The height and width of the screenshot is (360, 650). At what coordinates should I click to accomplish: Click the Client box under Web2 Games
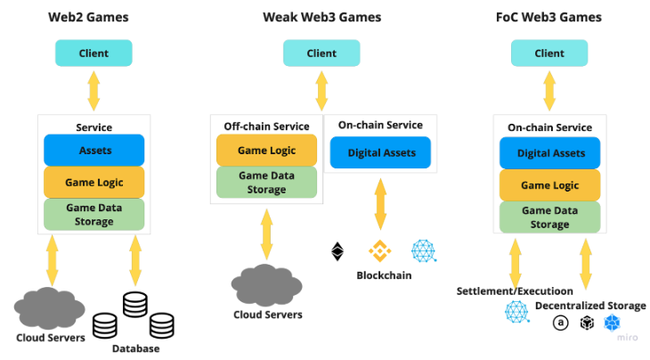pyautogui.click(x=93, y=53)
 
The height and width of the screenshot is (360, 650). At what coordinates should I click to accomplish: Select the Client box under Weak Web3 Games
pyautogui.click(x=321, y=53)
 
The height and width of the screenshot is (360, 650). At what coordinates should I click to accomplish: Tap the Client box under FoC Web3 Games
pyautogui.click(x=549, y=53)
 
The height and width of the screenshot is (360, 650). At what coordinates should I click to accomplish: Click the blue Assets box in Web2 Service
pyautogui.click(x=93, y=151)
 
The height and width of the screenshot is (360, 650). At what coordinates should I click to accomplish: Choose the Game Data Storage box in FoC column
pyautogui.click(x=549, y=217)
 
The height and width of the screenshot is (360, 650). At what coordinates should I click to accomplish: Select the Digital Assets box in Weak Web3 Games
pyautogui.click(x=380, y=152)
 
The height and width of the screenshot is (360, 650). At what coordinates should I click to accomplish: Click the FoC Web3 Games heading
pyautogui.click(x=548, y=17)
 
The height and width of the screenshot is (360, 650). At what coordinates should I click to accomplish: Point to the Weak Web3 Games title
pyautogui.click(x=321, y=17)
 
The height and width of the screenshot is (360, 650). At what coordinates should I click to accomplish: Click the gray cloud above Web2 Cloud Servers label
pyautogui.click(x=49, y=308)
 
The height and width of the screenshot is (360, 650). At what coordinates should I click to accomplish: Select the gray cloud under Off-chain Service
pyautogui.click(x=267, y=284)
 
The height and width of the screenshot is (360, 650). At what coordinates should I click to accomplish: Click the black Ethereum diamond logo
pyautogui.click(x=337, y=251)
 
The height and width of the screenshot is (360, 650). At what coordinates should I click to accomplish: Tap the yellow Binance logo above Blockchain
pyautogui.click(x=380, y=251)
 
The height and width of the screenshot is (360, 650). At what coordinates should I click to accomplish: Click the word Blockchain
pyautogui.click(x=384, y=275)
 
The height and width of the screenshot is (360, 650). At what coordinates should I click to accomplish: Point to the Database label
pyautogui.click(x=136, y=348)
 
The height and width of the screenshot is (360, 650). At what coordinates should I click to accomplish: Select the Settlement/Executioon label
pyautogui.click(x=515, y=290)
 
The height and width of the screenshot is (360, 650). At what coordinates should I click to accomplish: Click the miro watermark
pyautogui.click(x=627, y=337)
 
